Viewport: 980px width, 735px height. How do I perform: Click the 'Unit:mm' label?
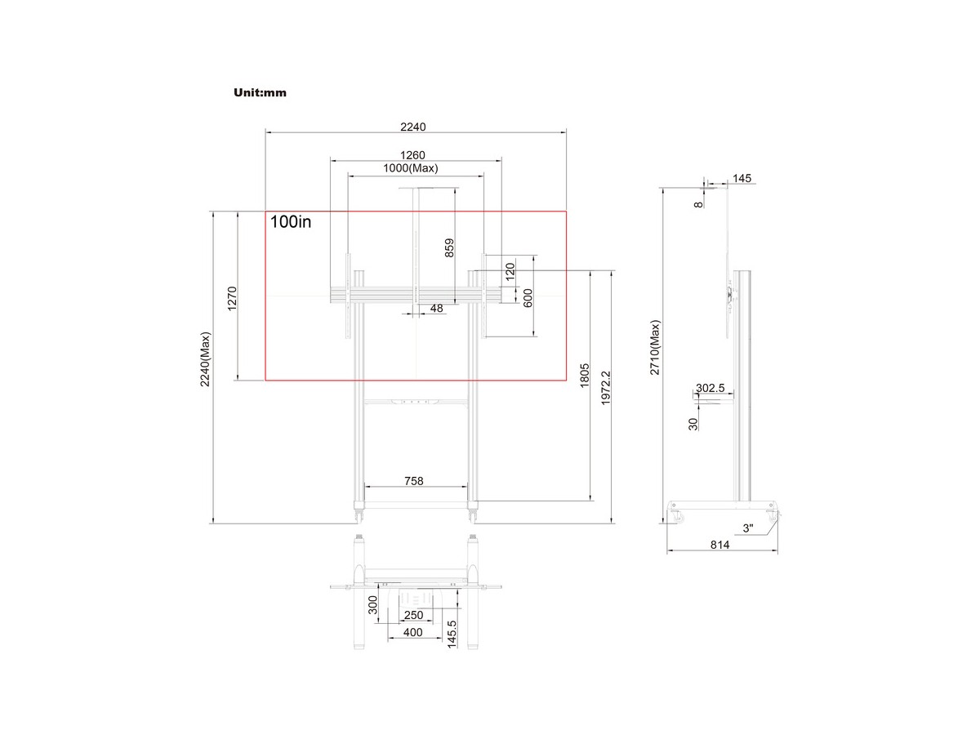[x=260, y=92]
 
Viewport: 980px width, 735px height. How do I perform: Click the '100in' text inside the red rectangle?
[x=290, y=222]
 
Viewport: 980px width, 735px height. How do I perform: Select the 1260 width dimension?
[x=412, y=155]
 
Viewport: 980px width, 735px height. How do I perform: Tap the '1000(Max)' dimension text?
[x=410, y=168]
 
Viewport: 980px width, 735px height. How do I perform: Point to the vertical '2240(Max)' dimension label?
[x=205, y=359]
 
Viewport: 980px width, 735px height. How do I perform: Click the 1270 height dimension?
[x=232, y=299]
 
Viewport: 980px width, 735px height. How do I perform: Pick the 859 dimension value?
[x=449, y=248]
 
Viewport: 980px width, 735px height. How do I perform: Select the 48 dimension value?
[x=437, y=309]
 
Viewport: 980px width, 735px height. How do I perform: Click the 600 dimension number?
[x=528, y=298]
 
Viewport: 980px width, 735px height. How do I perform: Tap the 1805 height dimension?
[x=585, y=376]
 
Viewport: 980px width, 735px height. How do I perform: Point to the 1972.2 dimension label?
[x=605, y=388]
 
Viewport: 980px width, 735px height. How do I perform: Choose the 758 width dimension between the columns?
[x=414, y=481]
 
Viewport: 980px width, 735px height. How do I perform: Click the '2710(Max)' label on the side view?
[x=654, y=347]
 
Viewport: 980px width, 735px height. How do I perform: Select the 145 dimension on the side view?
[x=742, y=178]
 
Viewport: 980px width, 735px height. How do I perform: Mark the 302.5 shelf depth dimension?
[x=710, y=388]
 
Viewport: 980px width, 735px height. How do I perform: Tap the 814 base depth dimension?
[x=719, y=545]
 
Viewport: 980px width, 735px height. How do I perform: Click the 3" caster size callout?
[x=748, y=528]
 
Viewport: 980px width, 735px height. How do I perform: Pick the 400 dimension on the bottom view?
[x=412, y=632]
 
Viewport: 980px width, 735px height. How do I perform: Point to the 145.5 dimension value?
[x=452, y=635]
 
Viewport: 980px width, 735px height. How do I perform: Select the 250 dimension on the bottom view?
[x=413, y=615]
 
